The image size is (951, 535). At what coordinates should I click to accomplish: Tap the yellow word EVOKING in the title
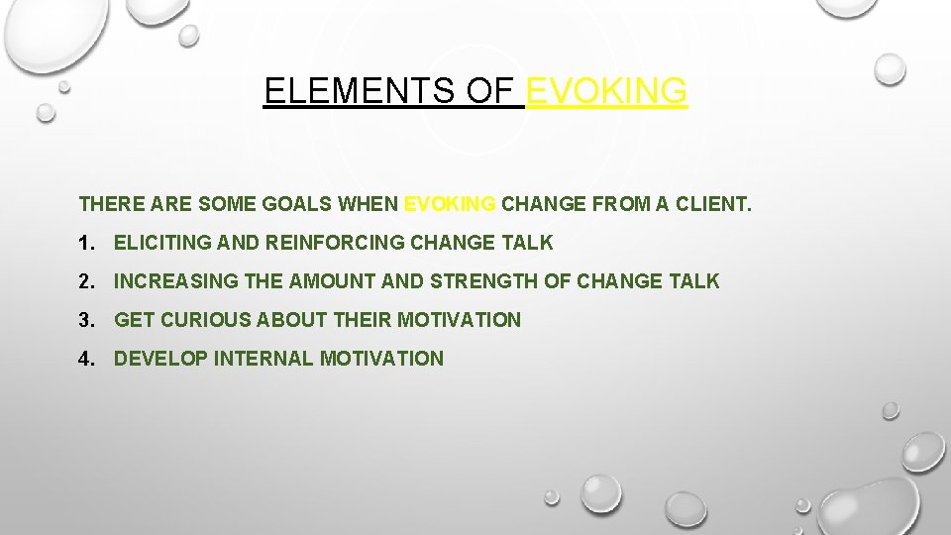(606, 91)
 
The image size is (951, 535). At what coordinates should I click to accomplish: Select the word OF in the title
(492, 91)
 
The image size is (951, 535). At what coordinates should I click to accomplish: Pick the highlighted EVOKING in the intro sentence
(450, 205)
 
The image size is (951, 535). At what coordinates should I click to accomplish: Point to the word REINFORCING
(316, 243)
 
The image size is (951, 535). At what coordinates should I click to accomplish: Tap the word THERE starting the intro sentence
(105, 205)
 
